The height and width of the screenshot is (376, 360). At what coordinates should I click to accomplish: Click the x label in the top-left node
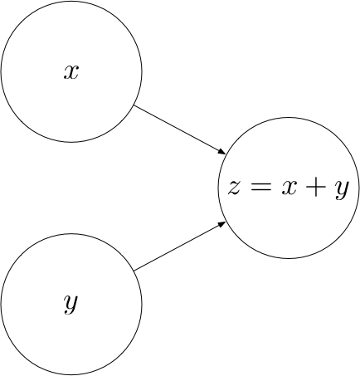[x=71, y=72]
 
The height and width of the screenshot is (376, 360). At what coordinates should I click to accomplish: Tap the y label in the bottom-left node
[x=71, y=305]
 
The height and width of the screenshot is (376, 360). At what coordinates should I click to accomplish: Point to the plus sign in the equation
[x=316, y=188]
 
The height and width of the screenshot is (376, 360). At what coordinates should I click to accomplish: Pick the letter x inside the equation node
[x=289, y=188]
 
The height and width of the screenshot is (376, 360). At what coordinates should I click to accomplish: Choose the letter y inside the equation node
[x=342, y=190]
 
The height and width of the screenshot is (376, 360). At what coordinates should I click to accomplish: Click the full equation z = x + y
[x=289, y=189]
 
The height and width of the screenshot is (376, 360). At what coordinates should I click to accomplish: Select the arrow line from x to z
[x=180, y=129]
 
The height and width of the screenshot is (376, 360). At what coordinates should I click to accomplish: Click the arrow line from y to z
[x=180, y=247]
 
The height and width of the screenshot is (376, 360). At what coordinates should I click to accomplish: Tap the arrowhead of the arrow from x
[x=222, y=152]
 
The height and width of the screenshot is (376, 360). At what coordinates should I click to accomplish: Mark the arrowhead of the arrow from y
[x=222, y=224]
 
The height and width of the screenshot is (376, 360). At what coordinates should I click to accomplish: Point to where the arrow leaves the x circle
[x=134, y=105]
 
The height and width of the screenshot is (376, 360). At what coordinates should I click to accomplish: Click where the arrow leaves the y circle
[x=134, y=271]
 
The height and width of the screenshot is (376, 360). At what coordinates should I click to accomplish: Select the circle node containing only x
[x=71, y=71]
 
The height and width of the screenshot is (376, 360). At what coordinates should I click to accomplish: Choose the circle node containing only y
[x=71, y=305]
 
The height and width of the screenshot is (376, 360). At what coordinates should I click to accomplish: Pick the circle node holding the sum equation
[x=289, y=188]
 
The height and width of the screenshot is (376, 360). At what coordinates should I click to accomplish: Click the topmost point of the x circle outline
[x=71, y=1]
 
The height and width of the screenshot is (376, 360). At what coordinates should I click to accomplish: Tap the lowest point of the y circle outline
[x=71, y=375]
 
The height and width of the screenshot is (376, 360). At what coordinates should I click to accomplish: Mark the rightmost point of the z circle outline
[x=359, y=188]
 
